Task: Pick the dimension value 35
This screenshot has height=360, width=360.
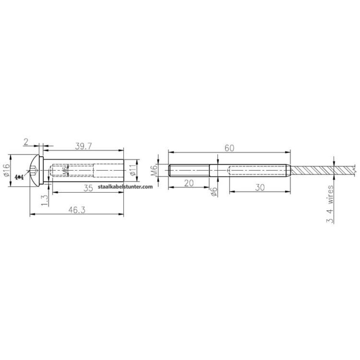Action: [x=88, y=188]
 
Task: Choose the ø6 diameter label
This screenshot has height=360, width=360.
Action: [x=215, y=191]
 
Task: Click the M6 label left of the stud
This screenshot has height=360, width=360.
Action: [x=155, y=171]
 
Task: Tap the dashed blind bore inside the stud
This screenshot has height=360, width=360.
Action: [x=258, y=171]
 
